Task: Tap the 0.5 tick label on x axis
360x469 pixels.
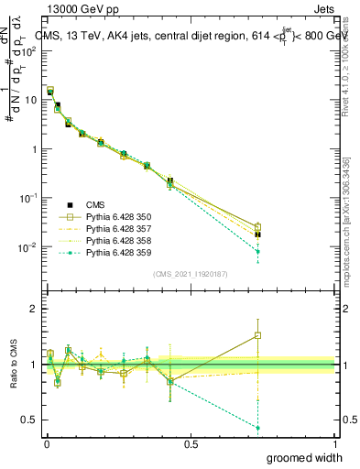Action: click(x=191, y=444)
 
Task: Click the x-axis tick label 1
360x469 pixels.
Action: click(x=334, y=444)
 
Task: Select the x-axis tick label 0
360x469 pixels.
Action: click(x=46, y=444)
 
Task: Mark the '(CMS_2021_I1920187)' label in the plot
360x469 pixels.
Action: click(x=190, y=273)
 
